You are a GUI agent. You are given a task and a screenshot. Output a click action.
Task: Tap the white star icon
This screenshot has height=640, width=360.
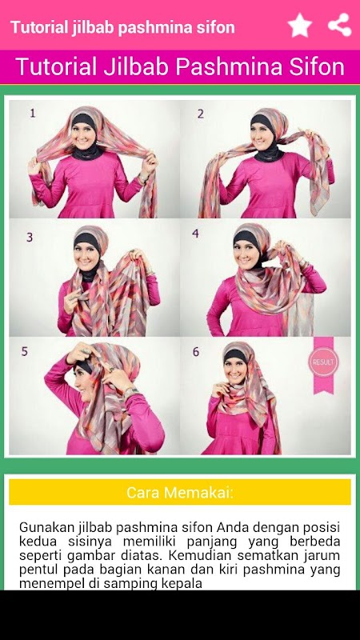click(299, 26)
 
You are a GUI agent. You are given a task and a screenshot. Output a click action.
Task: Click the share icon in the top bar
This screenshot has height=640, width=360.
click(339, 25)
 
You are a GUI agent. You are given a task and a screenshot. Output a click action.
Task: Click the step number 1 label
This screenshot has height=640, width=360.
click(32, 114)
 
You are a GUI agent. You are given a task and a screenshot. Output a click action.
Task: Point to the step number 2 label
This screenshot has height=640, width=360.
click(201, 114)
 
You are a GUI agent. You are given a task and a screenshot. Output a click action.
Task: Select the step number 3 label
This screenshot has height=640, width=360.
click(30, 237)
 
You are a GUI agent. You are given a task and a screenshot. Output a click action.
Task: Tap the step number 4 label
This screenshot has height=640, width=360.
click(195, 234)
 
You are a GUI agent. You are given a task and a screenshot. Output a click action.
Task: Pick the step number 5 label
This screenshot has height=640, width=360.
click(25, 351)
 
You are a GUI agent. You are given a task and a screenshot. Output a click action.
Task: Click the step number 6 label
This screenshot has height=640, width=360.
click(196, 351)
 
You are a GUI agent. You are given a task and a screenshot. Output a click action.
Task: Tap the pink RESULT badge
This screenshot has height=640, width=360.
click(323, 362)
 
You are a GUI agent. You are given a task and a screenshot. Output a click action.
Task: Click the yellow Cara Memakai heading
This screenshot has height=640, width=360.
click(180, 493)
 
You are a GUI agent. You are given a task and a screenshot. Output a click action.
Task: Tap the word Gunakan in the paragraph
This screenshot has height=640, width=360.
click(42, 527)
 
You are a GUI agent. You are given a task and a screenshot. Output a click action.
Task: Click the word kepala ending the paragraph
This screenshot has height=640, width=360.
click(183, 584)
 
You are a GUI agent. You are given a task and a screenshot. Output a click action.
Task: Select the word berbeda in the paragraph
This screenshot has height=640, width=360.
click(314, 542)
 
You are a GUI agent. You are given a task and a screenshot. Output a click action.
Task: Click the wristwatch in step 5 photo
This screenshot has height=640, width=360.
click(131, 393)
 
